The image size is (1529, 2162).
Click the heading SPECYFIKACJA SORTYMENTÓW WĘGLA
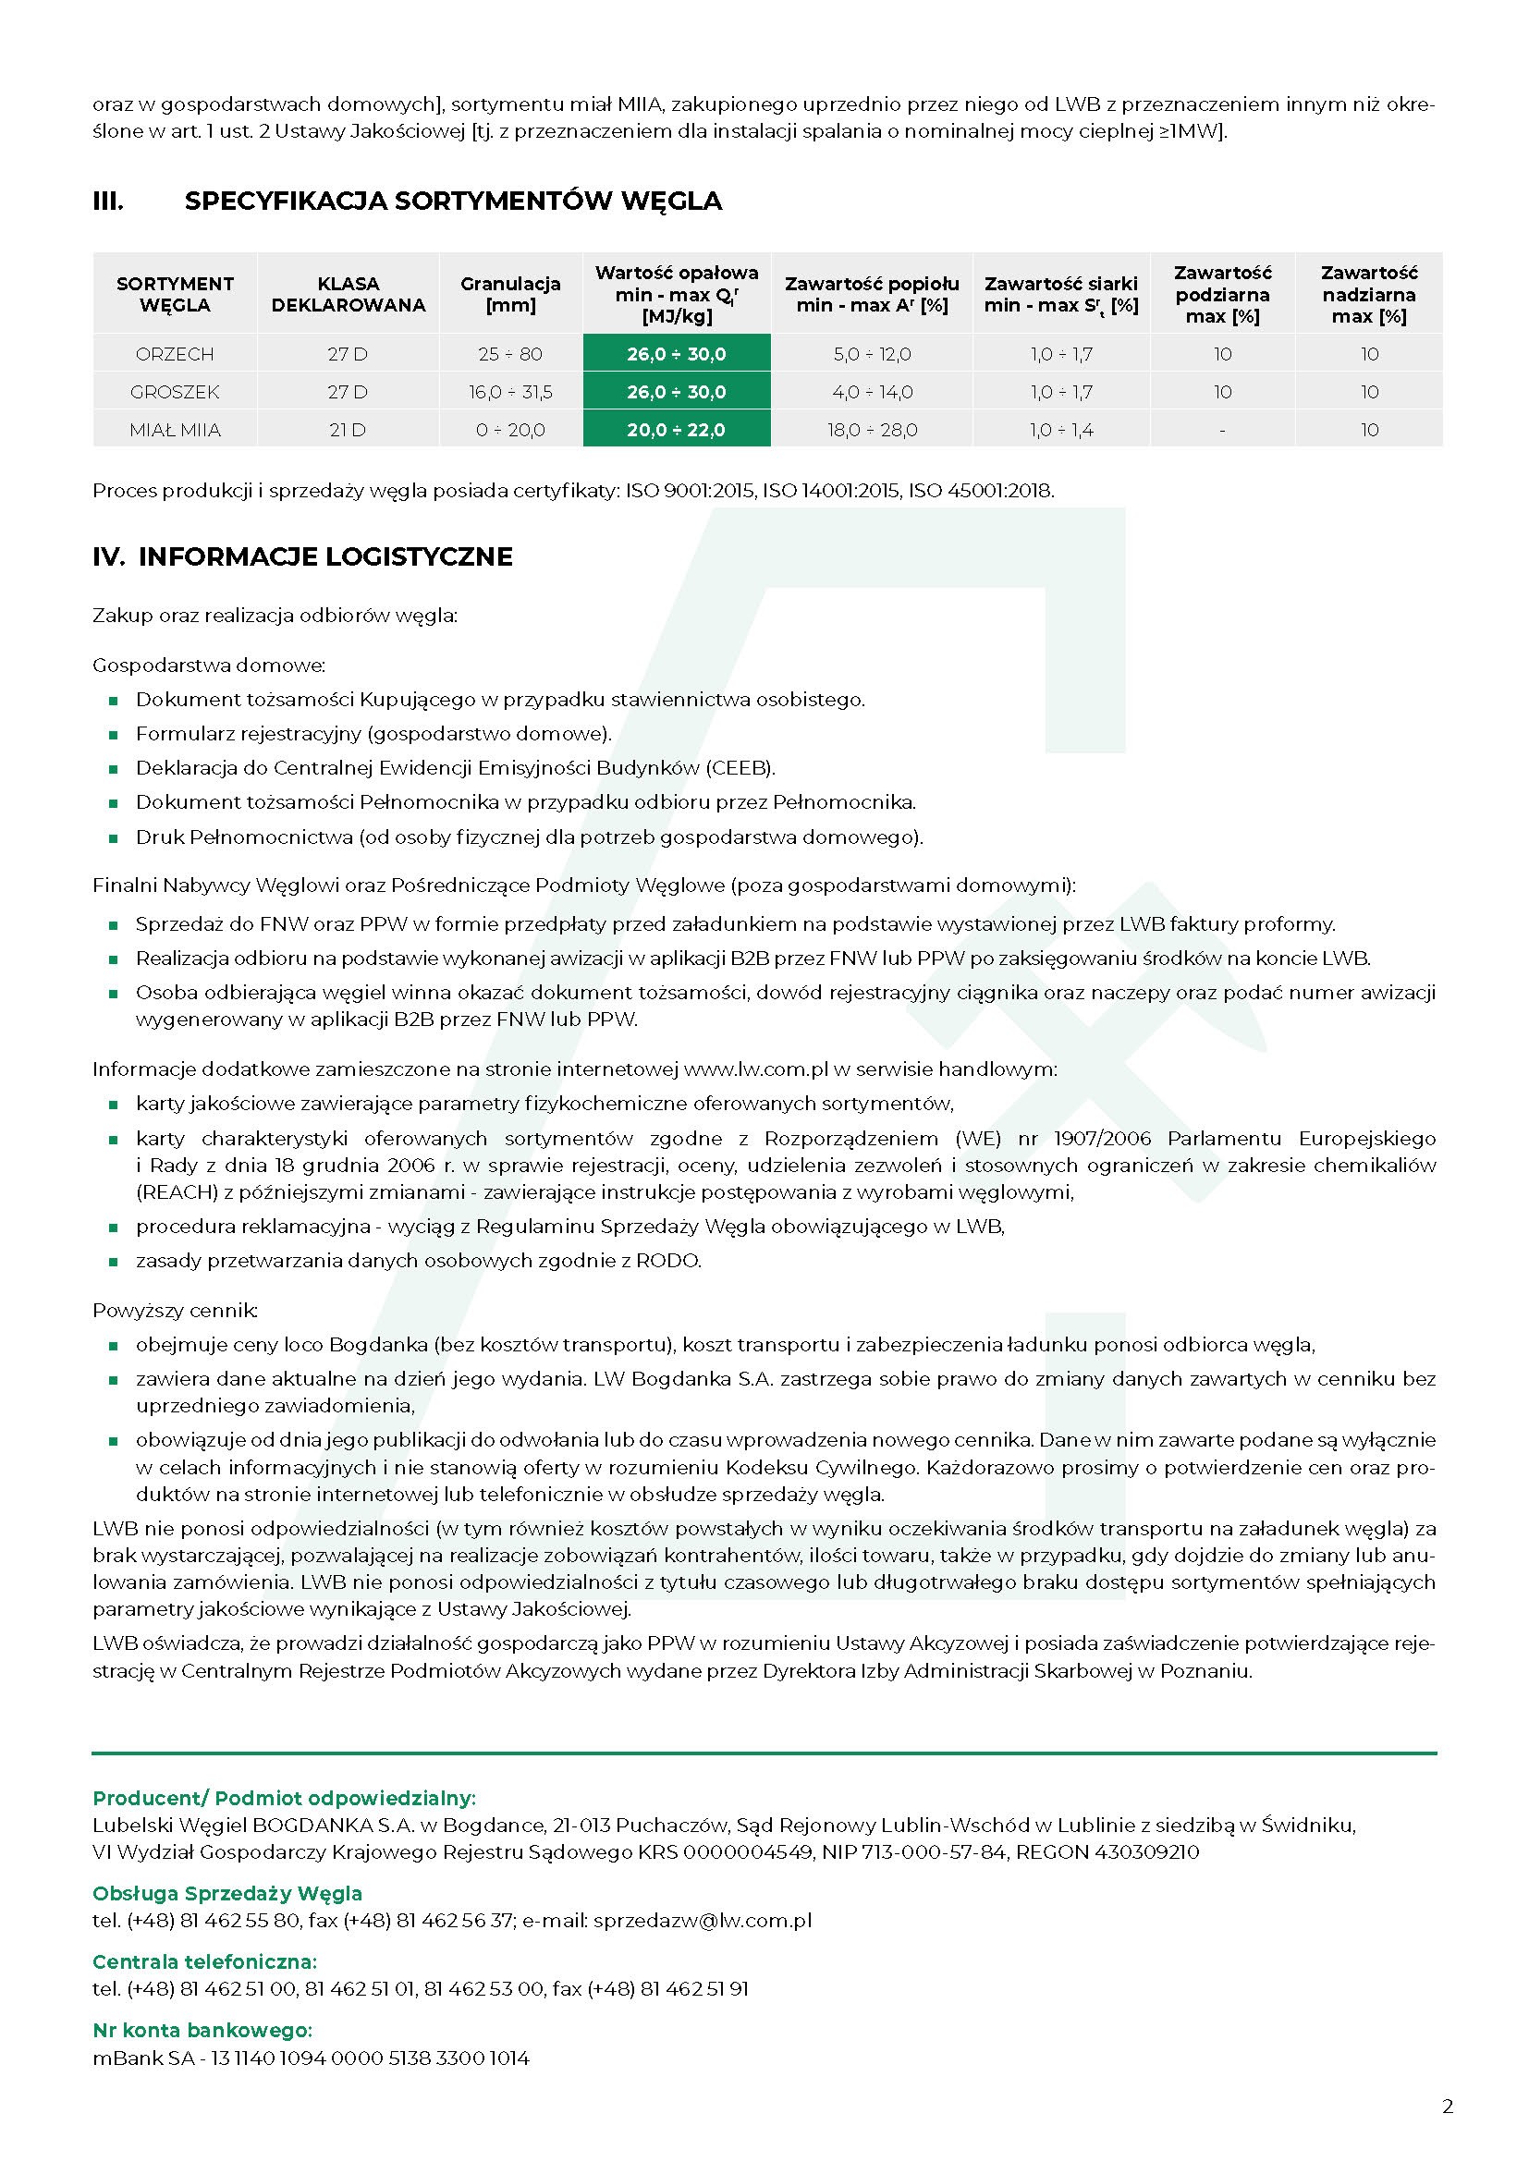[453, 201]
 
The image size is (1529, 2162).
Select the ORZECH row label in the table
[175, 354]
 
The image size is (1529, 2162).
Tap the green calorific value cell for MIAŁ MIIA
[676, 431]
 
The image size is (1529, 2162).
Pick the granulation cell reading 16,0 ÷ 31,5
[510, 392]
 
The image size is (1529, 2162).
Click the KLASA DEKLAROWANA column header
[349, 294]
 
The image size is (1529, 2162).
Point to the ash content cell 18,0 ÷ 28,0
[872, 431]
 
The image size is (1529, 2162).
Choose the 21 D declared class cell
[348, 431]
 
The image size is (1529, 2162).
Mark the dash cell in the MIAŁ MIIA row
[1222, 431]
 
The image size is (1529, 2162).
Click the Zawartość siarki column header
[1061, 294]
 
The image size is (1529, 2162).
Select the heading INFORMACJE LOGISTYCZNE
[324, 556]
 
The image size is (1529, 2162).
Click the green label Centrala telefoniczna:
[204, 1961]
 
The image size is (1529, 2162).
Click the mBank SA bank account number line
[311, 2058]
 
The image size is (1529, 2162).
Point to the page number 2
[1447, 2107]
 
